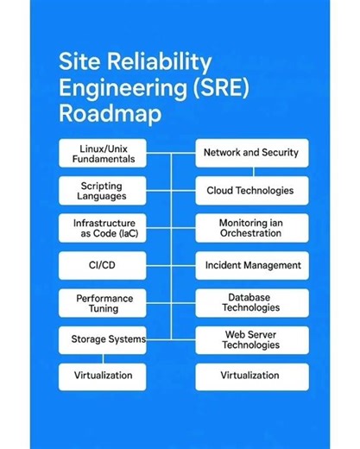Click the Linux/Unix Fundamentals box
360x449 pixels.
click(102, 154)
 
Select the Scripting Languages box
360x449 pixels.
click(102, 191)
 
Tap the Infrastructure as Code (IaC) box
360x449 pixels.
click(102, 228)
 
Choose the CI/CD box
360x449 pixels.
click(102, 265)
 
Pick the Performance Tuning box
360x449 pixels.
click(102, 302)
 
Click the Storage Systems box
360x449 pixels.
click(102, 339)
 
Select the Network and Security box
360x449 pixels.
click(250, 153)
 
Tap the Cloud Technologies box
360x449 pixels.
click(250, 191)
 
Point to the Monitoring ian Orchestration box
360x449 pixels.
click(250, 228)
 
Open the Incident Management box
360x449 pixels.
click(250, 265)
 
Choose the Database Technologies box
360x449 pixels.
click(250, 302)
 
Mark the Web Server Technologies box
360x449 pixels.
click(250, 339)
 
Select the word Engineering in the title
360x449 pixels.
click(108, 87)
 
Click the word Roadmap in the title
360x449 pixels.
click(103, 113)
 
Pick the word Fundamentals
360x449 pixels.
click(102, 160)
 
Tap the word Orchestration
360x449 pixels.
click(250, 234)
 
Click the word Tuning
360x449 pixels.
click(102, 308)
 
